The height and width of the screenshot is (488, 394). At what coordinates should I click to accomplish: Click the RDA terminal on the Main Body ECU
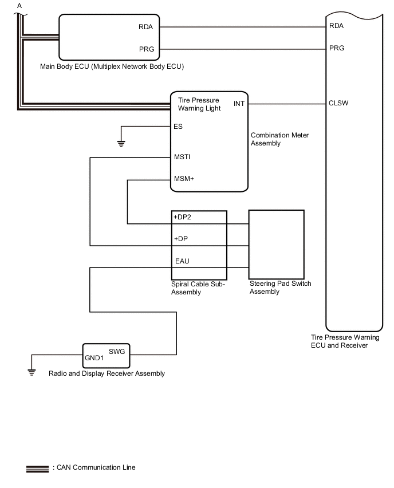(145, 26)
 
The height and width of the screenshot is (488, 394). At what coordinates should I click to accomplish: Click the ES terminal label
(178, 127)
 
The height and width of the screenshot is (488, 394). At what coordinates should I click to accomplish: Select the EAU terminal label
(182, 262)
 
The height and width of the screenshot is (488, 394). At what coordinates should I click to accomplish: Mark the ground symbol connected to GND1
(31, 371)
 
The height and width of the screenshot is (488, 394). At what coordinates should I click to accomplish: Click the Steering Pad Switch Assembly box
(276, 243)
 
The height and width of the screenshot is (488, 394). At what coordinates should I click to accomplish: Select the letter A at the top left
(20, 5)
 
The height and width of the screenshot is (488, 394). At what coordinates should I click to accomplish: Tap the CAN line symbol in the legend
(37, 469)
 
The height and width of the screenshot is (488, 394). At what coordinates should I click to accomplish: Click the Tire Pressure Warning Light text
(199, 104)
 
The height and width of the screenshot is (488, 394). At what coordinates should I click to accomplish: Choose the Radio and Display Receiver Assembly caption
(107, 373)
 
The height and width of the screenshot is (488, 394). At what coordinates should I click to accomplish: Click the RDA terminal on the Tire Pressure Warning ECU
(337, 26)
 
